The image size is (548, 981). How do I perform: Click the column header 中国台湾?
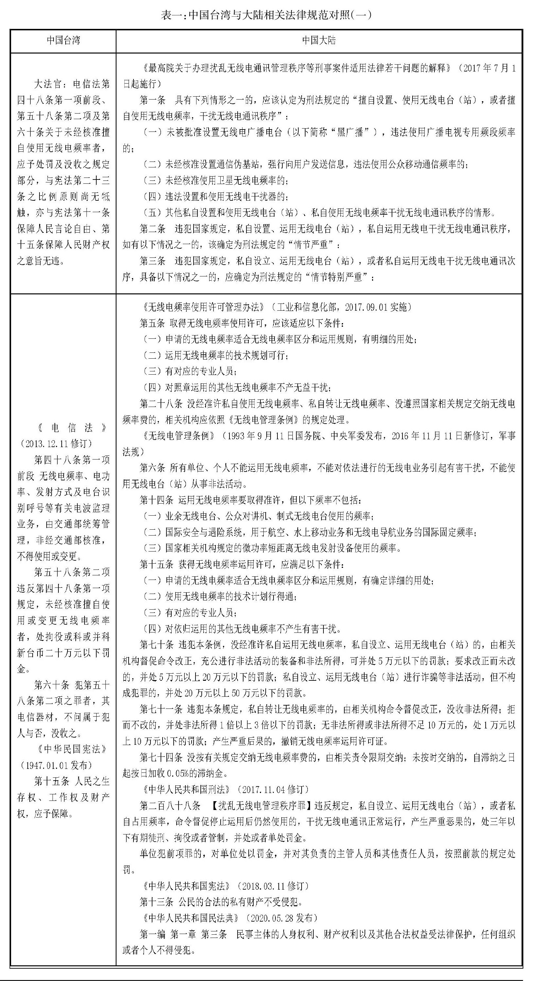(x=63, y=40)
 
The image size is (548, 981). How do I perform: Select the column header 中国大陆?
(x=319, y=40)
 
